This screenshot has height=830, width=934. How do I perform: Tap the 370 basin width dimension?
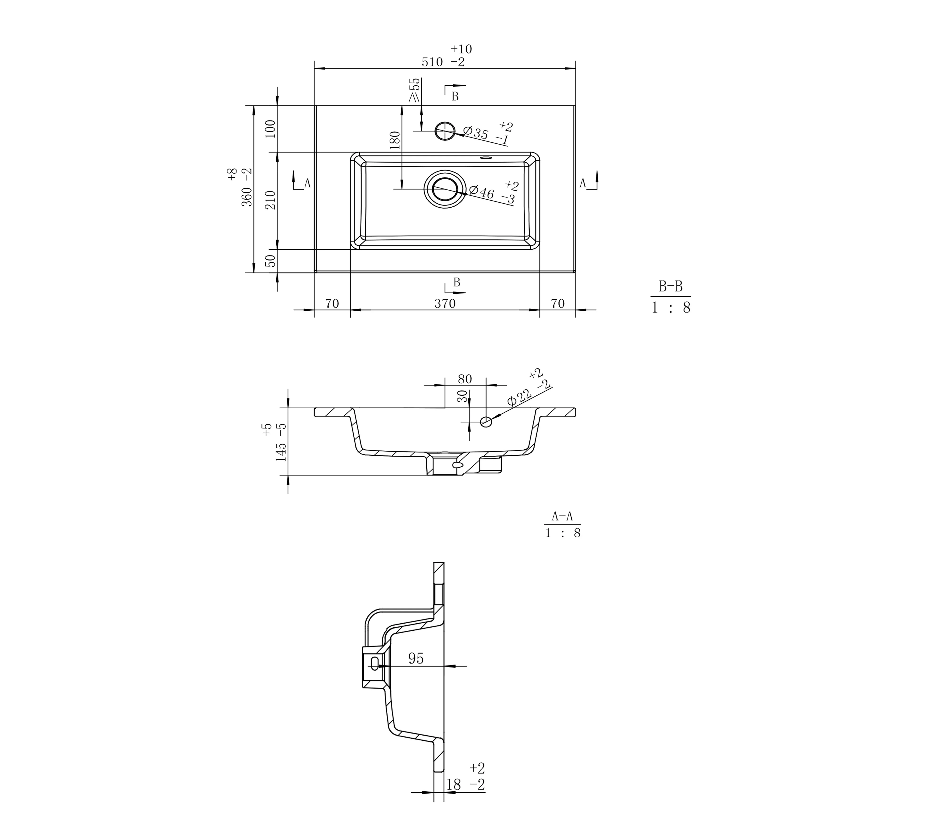(x=445, y=303)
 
